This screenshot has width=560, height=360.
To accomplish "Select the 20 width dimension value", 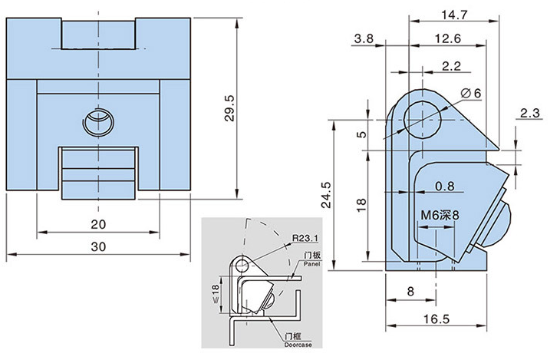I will pyautogui.click(x=98, y=224).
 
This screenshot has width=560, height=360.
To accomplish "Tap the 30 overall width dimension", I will pyautogui.click(x=98, y=247).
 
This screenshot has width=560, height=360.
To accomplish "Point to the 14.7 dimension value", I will pyautogui.click(x=446, y=14).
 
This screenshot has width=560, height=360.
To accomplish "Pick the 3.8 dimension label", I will pyautogui.click(x=364, y=38).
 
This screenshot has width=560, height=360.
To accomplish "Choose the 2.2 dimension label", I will pyautogui.click(x=452, y=67).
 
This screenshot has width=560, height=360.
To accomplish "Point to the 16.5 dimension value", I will pyautogui.click(x=434, y=317).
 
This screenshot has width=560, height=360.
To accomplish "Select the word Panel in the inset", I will pyautogui.click(x=310, y=263).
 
